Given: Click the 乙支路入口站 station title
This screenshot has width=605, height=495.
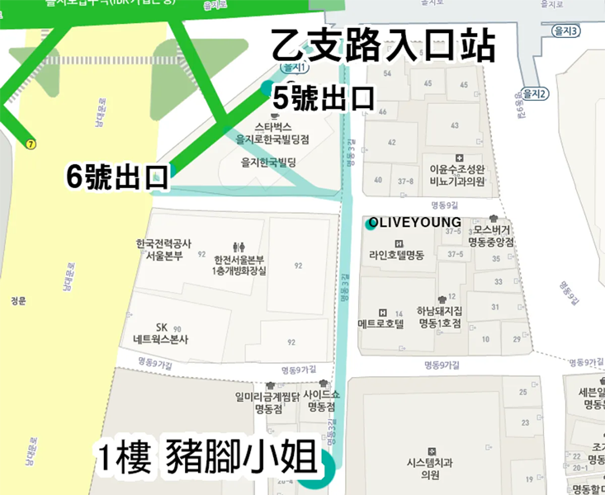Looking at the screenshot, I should [383, 46].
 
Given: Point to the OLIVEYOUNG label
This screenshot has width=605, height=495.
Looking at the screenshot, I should [415, 223].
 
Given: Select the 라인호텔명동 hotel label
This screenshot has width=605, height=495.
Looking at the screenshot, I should [397, 254].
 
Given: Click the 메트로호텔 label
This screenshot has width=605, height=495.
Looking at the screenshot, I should [381, 323].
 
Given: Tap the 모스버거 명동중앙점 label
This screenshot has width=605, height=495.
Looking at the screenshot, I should [492, 236].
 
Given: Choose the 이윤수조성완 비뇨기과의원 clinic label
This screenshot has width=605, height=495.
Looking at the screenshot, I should [459, 175].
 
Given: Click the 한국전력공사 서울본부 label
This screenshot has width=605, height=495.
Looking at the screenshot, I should [163, 249].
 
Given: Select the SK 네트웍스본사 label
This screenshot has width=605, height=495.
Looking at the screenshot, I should [161, 333].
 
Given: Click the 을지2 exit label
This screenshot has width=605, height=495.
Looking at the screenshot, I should [535, 94].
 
